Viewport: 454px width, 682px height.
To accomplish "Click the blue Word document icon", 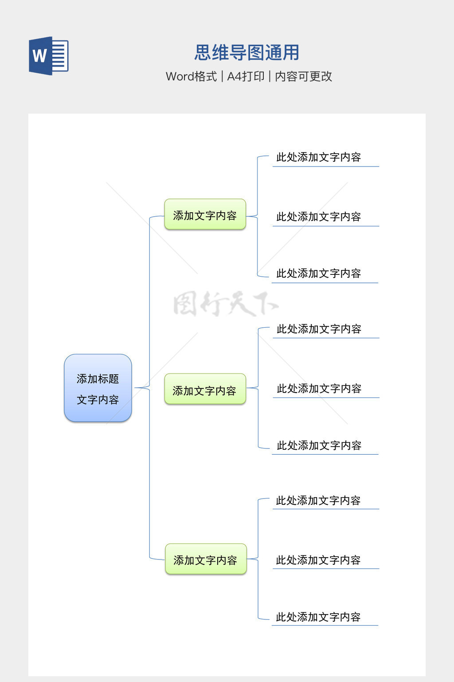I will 49,56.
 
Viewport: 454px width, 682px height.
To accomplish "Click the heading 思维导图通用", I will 247,53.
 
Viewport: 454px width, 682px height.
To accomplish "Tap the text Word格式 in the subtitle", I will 192,76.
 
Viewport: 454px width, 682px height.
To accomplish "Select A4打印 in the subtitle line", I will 246,76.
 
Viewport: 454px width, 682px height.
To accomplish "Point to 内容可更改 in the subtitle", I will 304,76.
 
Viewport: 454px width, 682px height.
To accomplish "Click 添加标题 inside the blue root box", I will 98,379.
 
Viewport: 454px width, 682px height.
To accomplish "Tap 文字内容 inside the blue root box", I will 98,400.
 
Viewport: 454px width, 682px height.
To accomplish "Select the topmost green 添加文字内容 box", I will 205,215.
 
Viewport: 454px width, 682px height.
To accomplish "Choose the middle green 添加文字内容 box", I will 205,390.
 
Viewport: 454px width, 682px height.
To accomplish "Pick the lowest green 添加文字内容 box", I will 206,560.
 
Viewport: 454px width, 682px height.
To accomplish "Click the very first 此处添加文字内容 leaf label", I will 318,157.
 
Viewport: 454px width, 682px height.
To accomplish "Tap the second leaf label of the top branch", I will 318,217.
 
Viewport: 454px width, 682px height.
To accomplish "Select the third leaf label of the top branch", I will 318,274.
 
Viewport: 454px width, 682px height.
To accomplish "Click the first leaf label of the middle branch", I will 319,329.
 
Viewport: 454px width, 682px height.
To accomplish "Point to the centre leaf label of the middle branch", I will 319,389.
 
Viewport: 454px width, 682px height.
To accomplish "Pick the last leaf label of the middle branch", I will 319,445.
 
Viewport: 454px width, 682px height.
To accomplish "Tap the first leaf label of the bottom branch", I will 318,500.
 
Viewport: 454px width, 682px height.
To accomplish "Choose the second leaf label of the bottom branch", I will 318,560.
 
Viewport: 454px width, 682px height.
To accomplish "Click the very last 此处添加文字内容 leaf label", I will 318,617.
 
